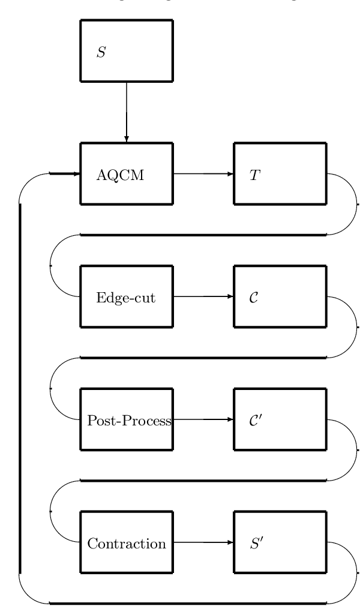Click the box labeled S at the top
click(127, 50)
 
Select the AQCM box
click(127, 174)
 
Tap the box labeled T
click(280, 174)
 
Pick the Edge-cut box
click(127, 297)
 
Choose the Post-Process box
click(127, 419)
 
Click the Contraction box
click(127, 542)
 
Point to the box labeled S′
click(280, 542)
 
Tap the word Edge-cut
click(126, 298)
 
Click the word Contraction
click(127, 544)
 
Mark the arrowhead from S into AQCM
click(127, 139)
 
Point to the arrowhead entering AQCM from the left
click(76, 174)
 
